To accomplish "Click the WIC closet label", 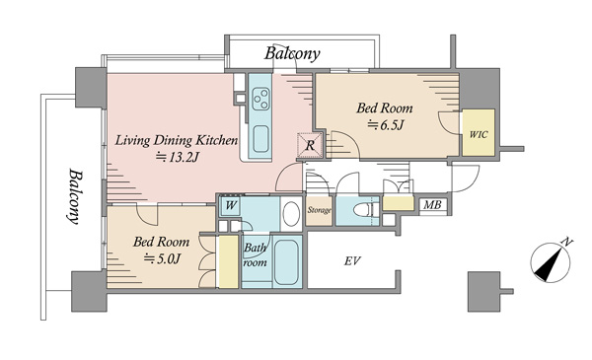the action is (479, 134).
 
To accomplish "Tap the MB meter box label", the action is (432, 205).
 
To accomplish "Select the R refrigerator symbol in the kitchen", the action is (310, 145).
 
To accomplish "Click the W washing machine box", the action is (231, 206).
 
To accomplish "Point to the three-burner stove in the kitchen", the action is (260, 98).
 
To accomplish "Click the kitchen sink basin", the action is (260, 138).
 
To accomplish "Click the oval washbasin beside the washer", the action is (291, 214).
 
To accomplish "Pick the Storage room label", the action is (319, 210).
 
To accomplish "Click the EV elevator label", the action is (352, 260).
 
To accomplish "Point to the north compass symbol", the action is (551, 261).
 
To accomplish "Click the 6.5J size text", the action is (386, 124).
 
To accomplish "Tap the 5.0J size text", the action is (163, 258).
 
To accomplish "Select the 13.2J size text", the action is (177, 157).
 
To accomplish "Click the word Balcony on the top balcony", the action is (292, 53).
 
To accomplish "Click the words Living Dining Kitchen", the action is (177, 140).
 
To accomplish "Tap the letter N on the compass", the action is (567, 242).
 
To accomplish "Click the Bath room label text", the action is (256, 255).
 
